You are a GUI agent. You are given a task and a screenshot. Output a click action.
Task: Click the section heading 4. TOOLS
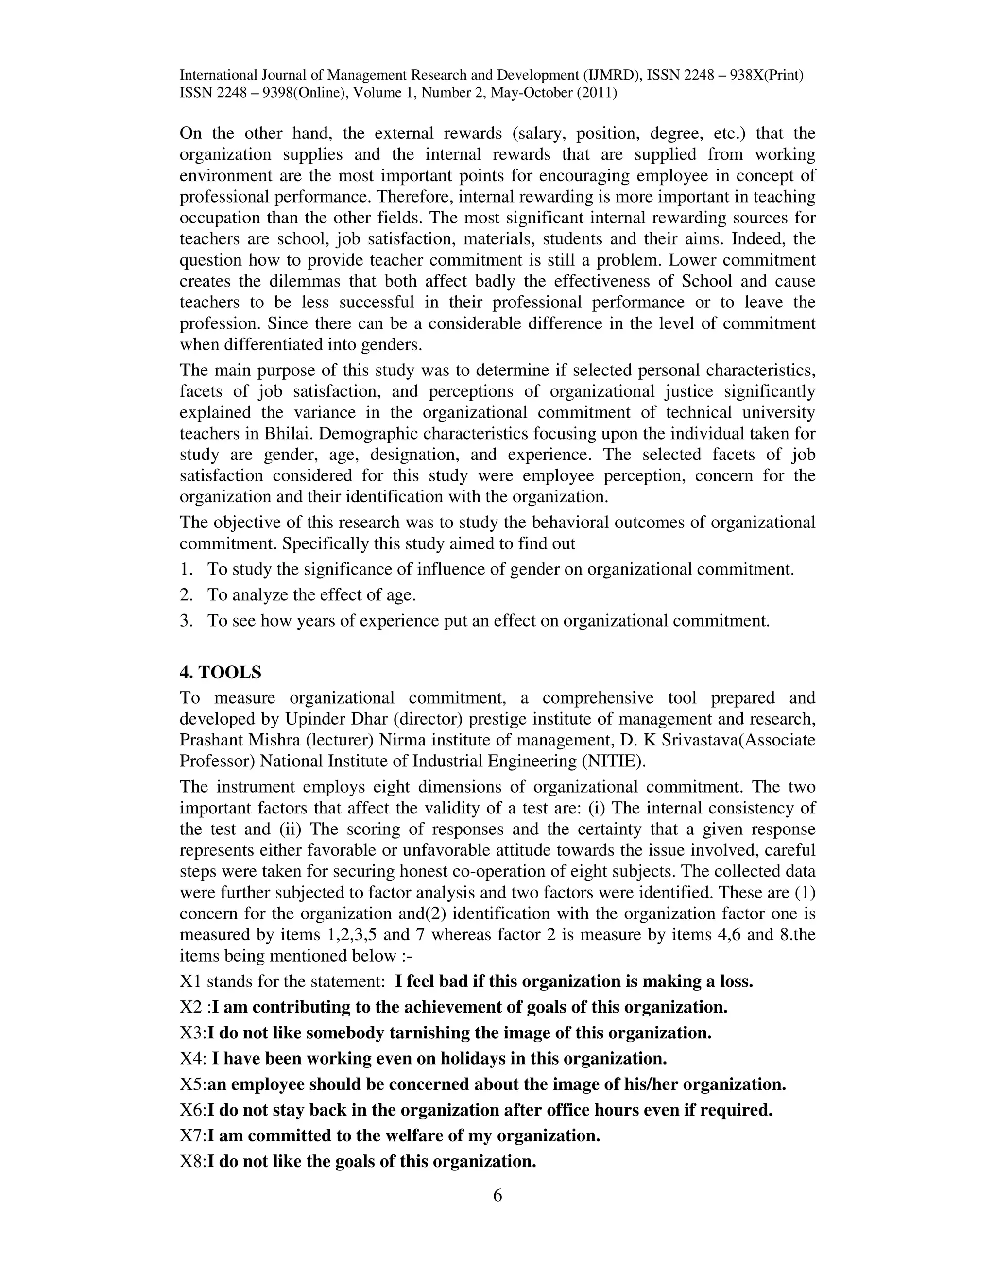[220, 672]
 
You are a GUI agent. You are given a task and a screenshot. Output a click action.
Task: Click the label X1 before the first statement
[190, 981]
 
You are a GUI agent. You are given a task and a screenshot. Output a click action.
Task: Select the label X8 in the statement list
[191, 1162]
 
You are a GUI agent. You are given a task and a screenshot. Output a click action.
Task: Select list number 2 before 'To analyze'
[186, 595]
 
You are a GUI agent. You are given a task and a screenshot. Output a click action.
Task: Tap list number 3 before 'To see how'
[186, 621]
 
